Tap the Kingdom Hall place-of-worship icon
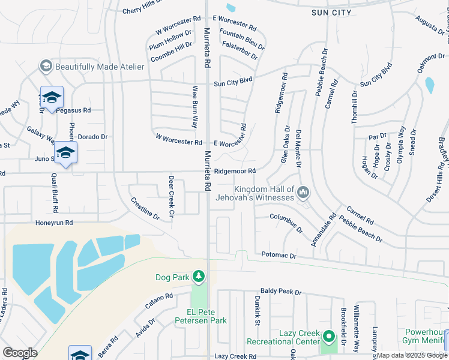tap(303, 193)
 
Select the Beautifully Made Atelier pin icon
tap(46, 66)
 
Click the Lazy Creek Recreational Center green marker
tap(328, 337)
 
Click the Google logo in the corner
tap(20, 353)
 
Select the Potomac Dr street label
tap(279, 256)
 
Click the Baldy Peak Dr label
tap(280, 292)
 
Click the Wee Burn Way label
tap(194, 107)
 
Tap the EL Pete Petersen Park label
tap(206, 316)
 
